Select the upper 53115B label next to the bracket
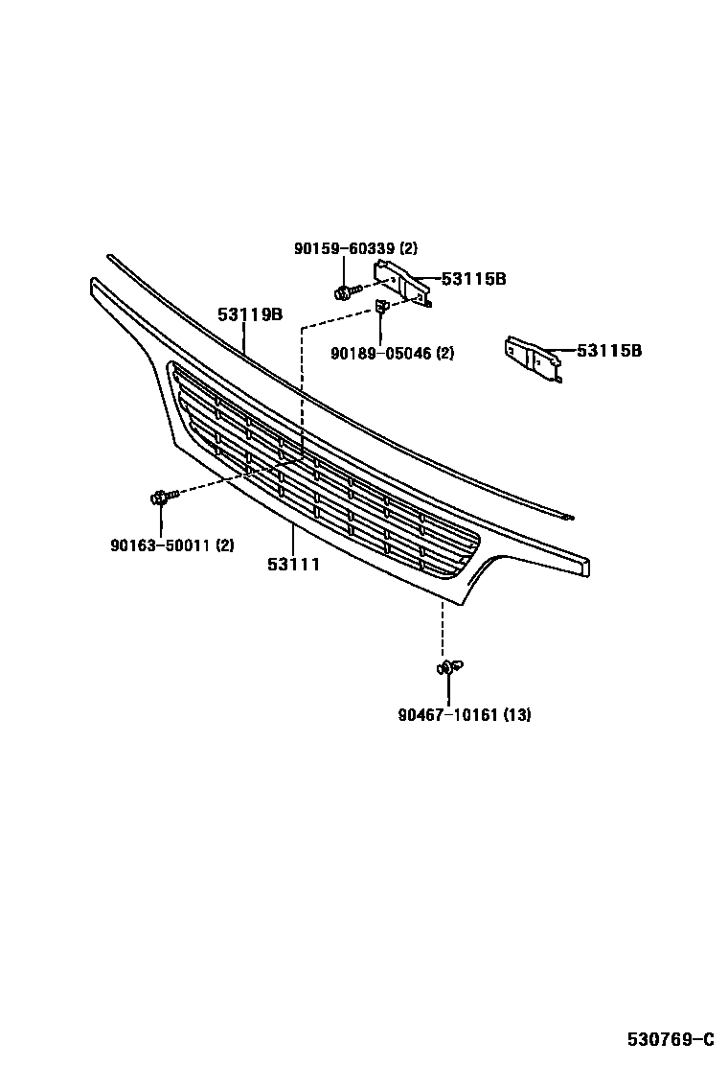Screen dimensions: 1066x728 point(473,280)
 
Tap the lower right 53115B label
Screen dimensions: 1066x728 point(609,351)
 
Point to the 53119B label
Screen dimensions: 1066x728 point(249,313)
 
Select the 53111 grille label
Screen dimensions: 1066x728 point(293,565)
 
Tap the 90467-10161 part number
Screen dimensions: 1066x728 point(446,714)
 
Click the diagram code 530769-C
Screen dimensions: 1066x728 point(671,1039)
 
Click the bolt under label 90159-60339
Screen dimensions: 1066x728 point(347,290)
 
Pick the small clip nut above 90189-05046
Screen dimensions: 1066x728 point(381,307)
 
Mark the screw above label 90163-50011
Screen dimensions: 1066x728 point(163,498)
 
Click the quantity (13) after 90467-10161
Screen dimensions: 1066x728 point(517,714)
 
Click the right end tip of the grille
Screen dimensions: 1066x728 point(583,567)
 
